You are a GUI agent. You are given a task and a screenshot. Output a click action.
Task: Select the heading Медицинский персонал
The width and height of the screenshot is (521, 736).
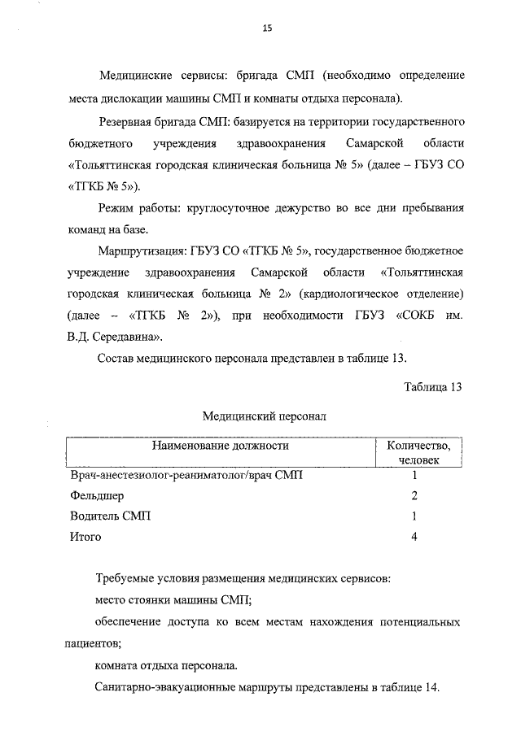point(264,416)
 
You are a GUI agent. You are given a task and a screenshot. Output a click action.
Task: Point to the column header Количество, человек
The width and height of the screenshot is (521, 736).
point(418,452)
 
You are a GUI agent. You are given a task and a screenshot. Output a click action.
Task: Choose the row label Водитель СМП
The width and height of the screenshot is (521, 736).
point(110,516)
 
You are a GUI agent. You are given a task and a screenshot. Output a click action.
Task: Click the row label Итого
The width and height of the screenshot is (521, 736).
point(85,537)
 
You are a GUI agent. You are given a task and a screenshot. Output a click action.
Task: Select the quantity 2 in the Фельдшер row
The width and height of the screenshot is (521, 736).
point(414,495)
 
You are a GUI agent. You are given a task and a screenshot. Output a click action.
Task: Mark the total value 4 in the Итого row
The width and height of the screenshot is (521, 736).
point(414,537)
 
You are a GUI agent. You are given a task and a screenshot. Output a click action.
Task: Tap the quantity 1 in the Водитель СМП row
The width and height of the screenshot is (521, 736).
point(414,516)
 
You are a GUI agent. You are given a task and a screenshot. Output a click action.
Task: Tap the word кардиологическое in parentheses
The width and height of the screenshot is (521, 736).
point(351,292)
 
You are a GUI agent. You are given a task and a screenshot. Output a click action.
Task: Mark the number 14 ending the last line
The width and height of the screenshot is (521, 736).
point(431,687)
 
